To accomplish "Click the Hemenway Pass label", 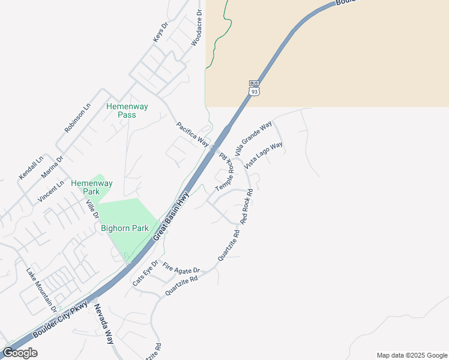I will coord(127,110).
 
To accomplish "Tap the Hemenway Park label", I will coord(85,187).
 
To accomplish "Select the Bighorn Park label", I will coord(124,228).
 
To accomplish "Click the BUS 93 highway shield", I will coord(255,88).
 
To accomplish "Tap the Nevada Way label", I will coord(103,324).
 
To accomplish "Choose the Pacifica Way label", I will coord(192,135).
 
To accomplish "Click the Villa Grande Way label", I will coord(253,138).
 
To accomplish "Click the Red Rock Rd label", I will coord(247,206).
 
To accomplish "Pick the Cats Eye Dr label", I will coord(145,273).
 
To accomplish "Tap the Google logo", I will coord(20,353).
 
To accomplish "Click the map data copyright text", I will coord(412,355).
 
